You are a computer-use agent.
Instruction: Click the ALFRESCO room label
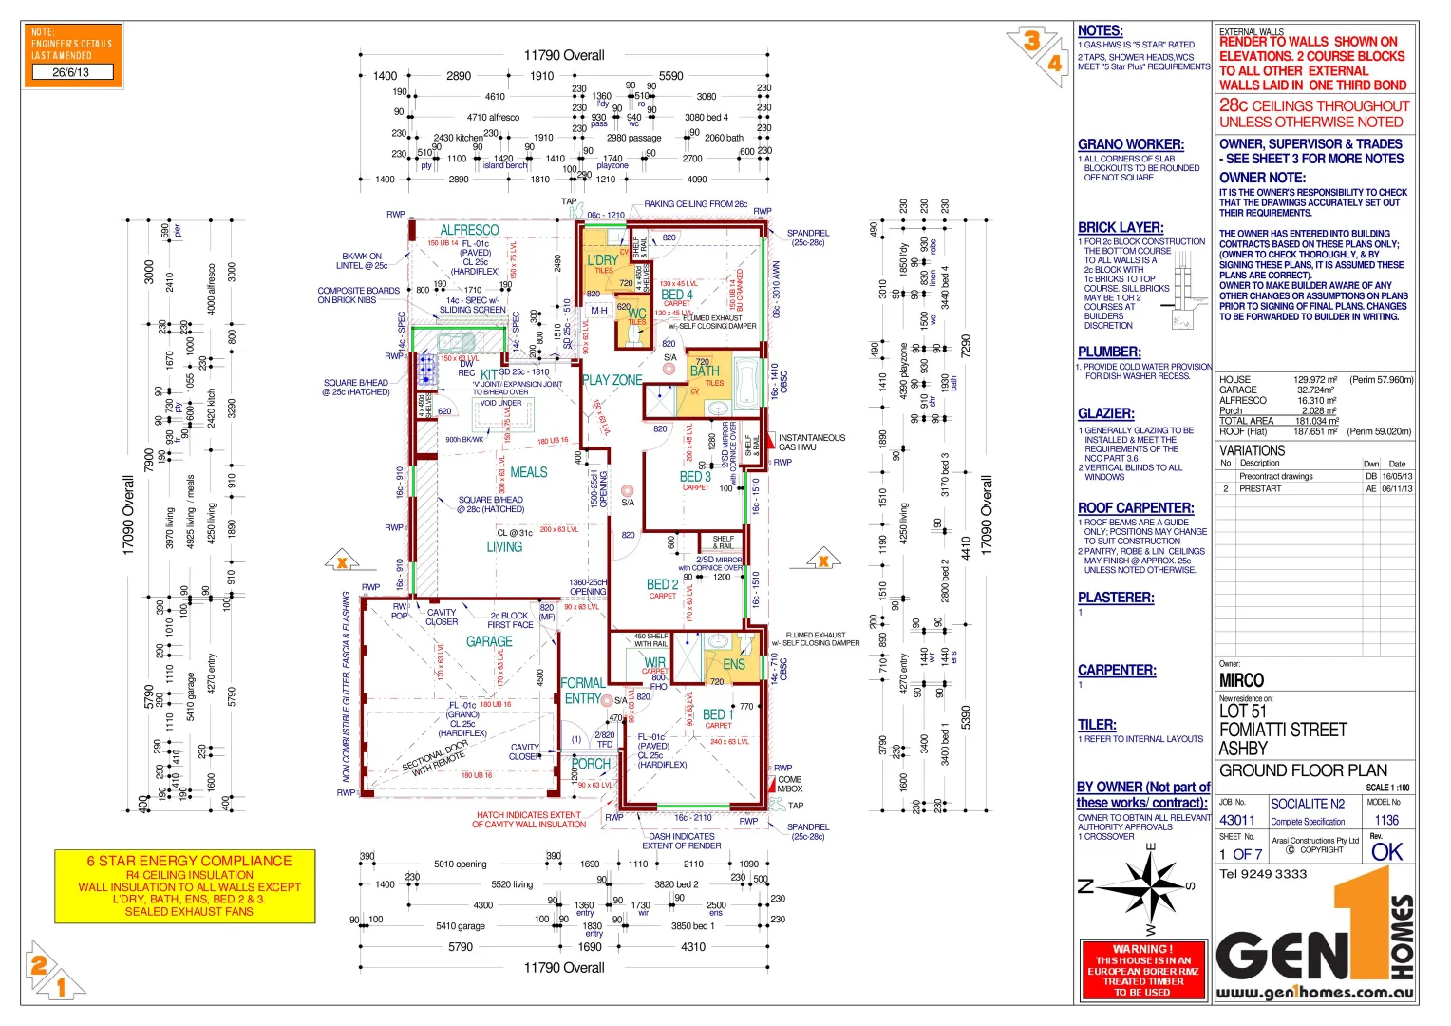469,230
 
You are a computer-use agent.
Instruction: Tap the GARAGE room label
489,641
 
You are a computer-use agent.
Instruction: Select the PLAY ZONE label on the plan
612,380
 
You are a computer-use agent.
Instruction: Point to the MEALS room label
529,472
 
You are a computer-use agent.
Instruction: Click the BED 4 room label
677,294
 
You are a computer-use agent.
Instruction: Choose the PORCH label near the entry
592,764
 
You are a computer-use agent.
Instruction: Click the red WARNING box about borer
1142,970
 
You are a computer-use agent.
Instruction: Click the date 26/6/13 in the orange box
71,72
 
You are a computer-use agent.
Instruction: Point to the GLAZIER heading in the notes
1105,413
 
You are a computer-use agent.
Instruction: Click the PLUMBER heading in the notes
1109,351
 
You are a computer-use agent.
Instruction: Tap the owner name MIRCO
1241,680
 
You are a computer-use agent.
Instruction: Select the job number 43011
1237,820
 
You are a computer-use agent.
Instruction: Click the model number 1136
1386,820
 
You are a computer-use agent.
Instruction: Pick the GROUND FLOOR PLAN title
1303,770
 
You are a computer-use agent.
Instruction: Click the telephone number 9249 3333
1263,874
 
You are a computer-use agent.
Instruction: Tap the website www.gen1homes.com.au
1314,993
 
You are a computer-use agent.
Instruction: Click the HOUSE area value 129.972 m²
1315,380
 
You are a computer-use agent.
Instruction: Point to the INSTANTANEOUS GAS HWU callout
811,442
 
